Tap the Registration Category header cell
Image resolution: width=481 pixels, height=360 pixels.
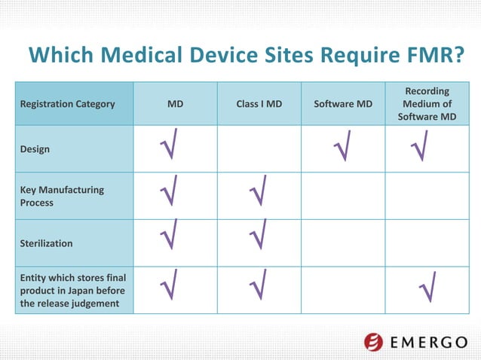(68, 104)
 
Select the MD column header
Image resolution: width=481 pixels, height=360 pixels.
(175, 104)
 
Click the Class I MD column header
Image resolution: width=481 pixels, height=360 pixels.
(259, 104)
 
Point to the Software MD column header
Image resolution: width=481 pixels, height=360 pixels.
(343, 104)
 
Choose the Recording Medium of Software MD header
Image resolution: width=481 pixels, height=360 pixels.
(427, 104)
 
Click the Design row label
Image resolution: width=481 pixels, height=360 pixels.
(35, 149)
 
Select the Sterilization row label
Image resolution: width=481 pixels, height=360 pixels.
(46, 244)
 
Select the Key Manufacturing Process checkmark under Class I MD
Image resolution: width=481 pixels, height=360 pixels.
(258, 191)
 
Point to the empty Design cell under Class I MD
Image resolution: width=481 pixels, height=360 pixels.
(259, 149)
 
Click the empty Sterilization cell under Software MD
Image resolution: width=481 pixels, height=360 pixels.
(343, 244)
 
